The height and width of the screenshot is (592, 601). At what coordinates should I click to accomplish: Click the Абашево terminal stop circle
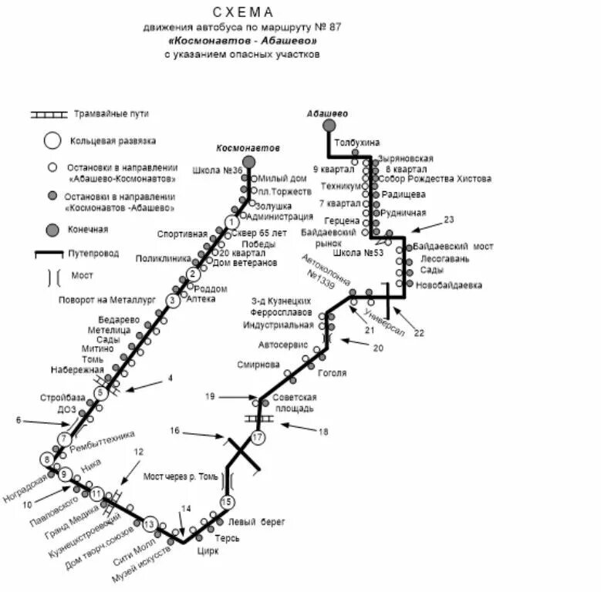329,125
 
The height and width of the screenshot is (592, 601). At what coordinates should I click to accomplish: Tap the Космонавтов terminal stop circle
248,161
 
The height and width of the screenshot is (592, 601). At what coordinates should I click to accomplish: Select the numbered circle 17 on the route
258,438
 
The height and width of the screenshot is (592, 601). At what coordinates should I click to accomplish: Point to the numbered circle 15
227,502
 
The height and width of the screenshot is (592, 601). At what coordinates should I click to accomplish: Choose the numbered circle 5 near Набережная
100,393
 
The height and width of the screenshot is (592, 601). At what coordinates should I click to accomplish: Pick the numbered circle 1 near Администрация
230,222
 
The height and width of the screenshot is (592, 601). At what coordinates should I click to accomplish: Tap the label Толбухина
357,143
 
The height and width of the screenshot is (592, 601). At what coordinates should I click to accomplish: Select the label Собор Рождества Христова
435,179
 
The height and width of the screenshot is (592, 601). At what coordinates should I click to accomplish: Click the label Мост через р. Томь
178,476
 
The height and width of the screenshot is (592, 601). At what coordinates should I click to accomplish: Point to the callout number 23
449,220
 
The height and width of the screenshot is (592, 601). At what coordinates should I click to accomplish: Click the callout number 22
420,333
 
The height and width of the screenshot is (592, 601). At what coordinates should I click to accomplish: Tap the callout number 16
175,431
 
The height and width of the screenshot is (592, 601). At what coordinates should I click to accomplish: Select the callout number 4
171,378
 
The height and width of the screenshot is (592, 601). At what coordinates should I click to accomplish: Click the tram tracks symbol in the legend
49,115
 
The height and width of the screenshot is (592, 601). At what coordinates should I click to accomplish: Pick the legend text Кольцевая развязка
113,141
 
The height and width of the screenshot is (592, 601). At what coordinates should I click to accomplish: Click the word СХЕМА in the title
243,12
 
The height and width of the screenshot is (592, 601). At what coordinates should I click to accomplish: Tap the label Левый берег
261,522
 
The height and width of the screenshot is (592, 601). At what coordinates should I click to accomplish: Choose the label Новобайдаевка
448,285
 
